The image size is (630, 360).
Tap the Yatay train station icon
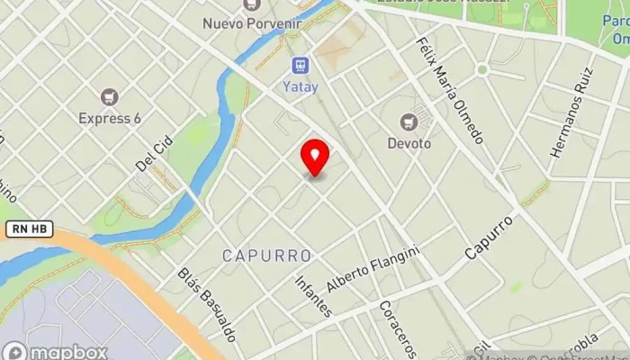[300, 65]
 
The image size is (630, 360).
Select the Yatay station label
[300, 85]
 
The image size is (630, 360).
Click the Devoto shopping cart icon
[409, 121]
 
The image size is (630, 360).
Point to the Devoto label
[409, 142]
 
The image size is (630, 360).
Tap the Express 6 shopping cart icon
[110, 96]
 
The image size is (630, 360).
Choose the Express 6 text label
[110, 118]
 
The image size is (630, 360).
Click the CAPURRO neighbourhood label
[266, 256]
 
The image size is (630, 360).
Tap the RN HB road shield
[27, 230]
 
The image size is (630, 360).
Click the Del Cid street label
[153, 157]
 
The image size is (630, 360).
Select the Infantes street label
[313, 295]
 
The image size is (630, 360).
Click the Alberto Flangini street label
[373, 269]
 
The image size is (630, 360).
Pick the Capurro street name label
[489, 237]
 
